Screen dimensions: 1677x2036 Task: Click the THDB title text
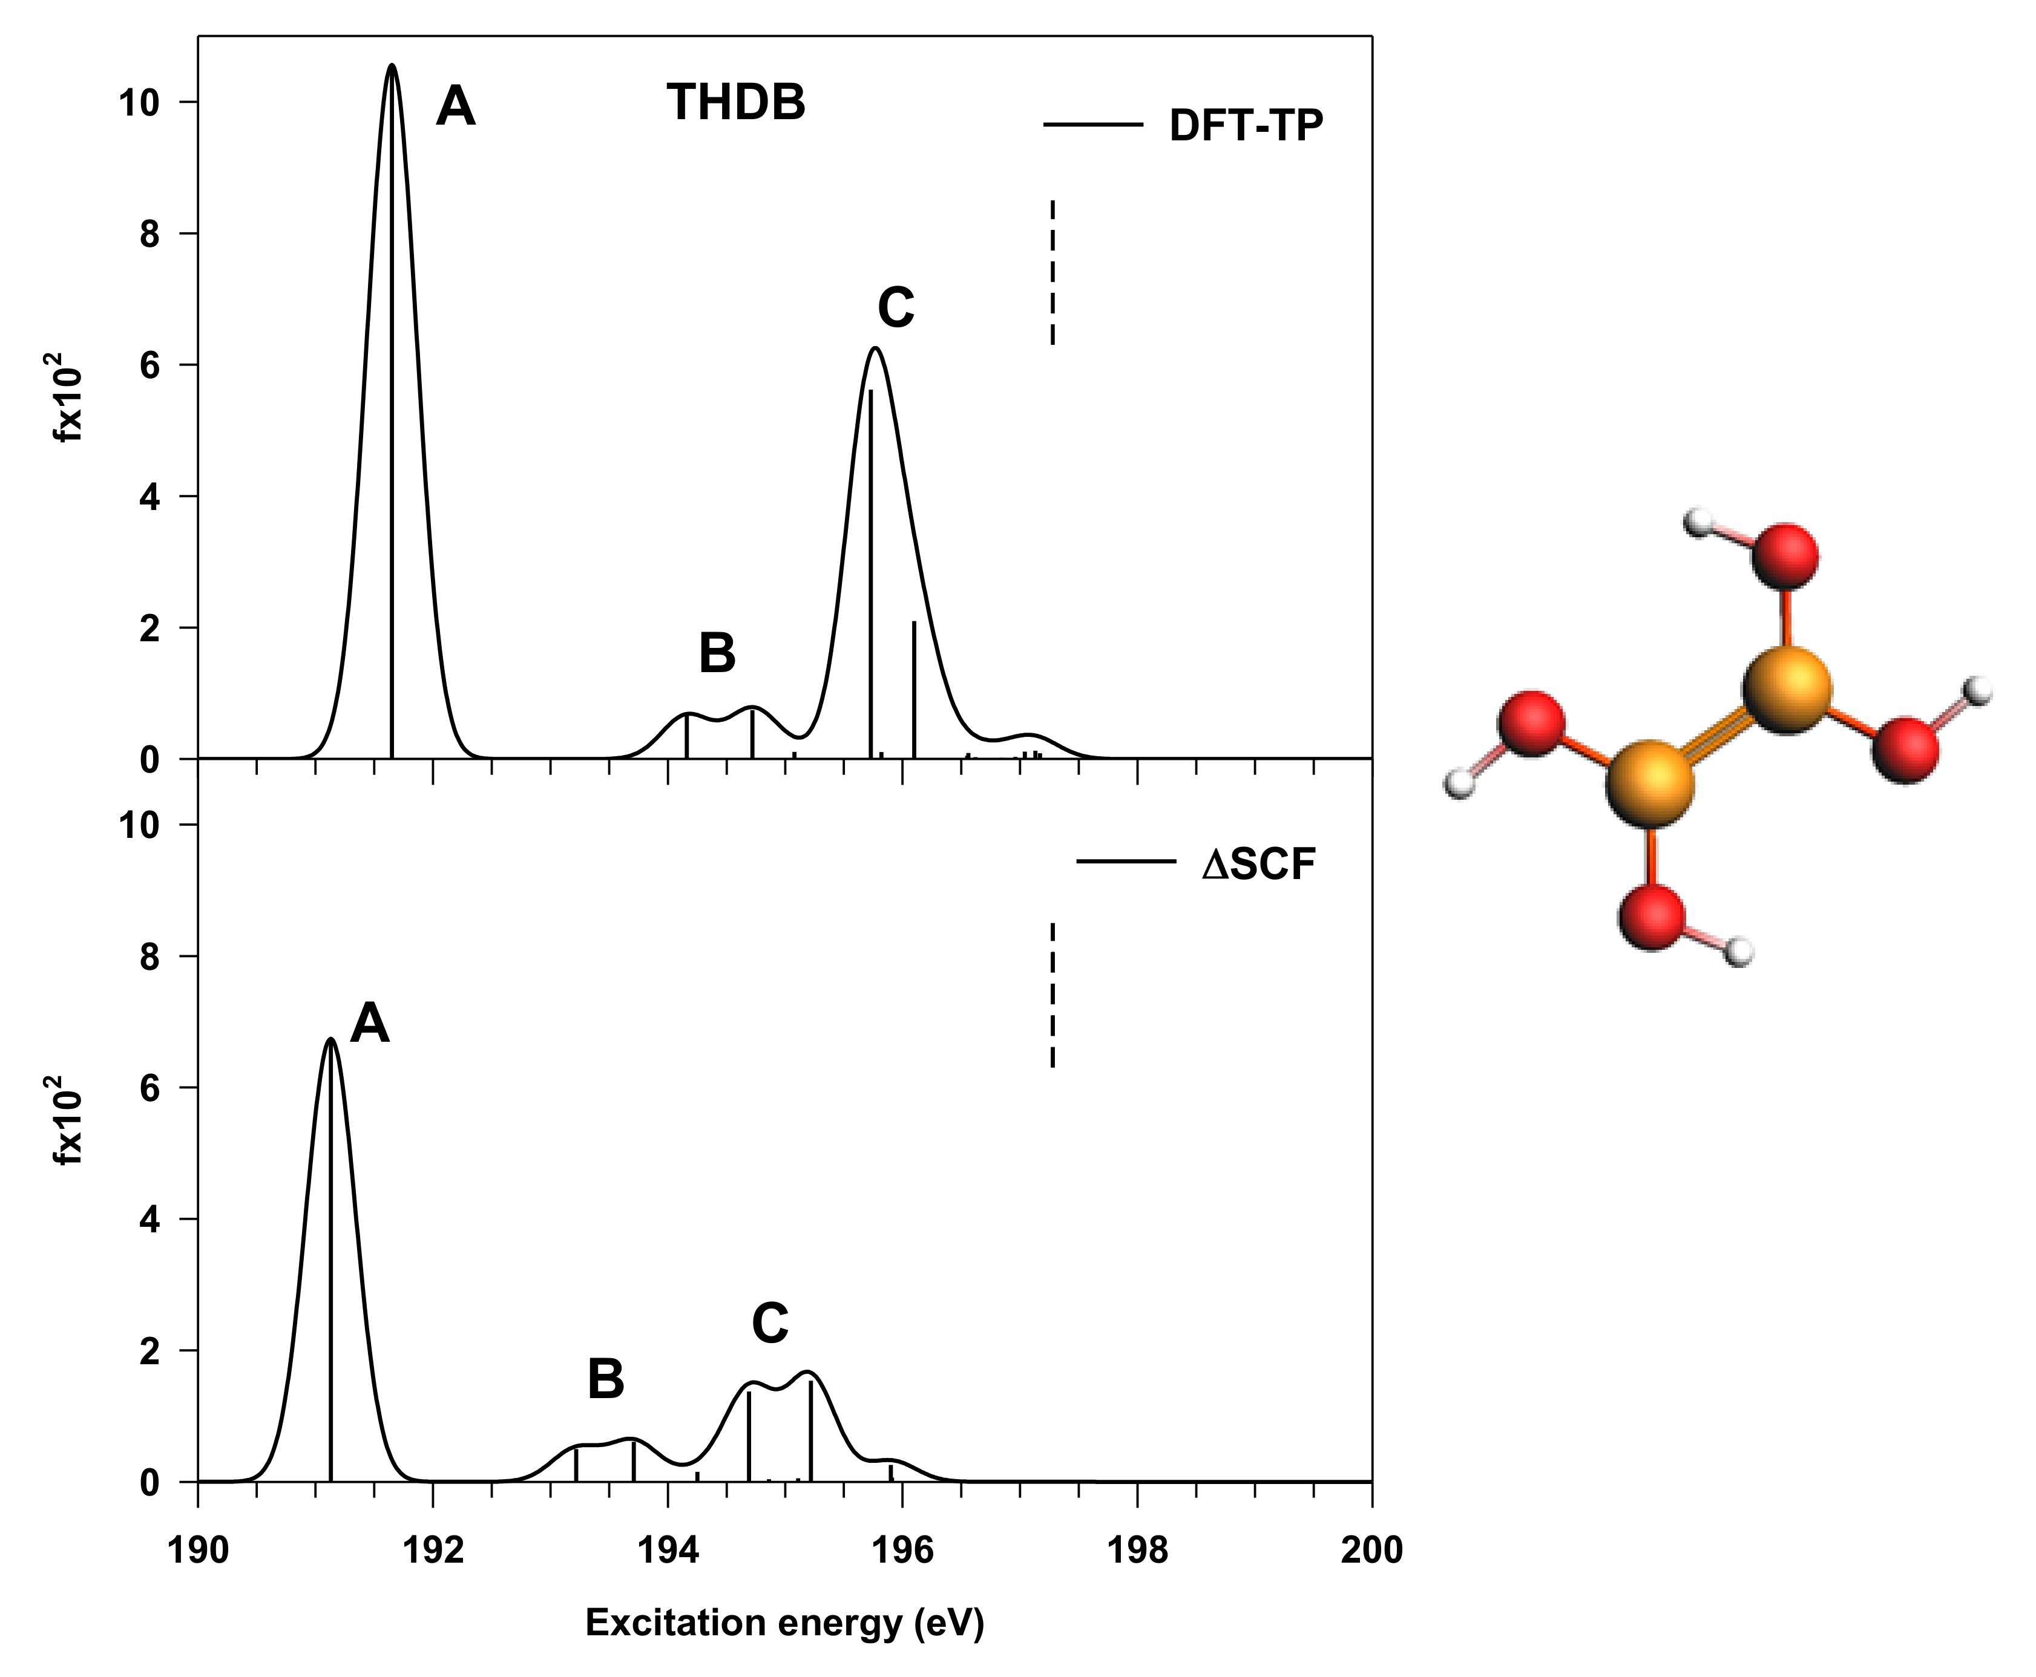pos(735,102)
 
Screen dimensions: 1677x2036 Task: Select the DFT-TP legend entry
pos(1244,126)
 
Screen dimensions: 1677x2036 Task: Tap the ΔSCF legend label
pos(1258,865)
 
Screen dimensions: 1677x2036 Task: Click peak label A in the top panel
pos(455,106)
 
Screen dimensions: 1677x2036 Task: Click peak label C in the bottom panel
pos(770,1324)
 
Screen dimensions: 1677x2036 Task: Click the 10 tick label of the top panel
pos(138,102)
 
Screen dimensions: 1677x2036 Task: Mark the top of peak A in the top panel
pos(392,66)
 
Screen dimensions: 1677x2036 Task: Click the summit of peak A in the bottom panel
pos(330,1039)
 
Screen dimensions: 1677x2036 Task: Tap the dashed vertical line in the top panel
pos(1052,272)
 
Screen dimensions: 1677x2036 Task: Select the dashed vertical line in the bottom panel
pos(1052,995)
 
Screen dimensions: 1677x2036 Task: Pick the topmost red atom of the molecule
pos(1785,557)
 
